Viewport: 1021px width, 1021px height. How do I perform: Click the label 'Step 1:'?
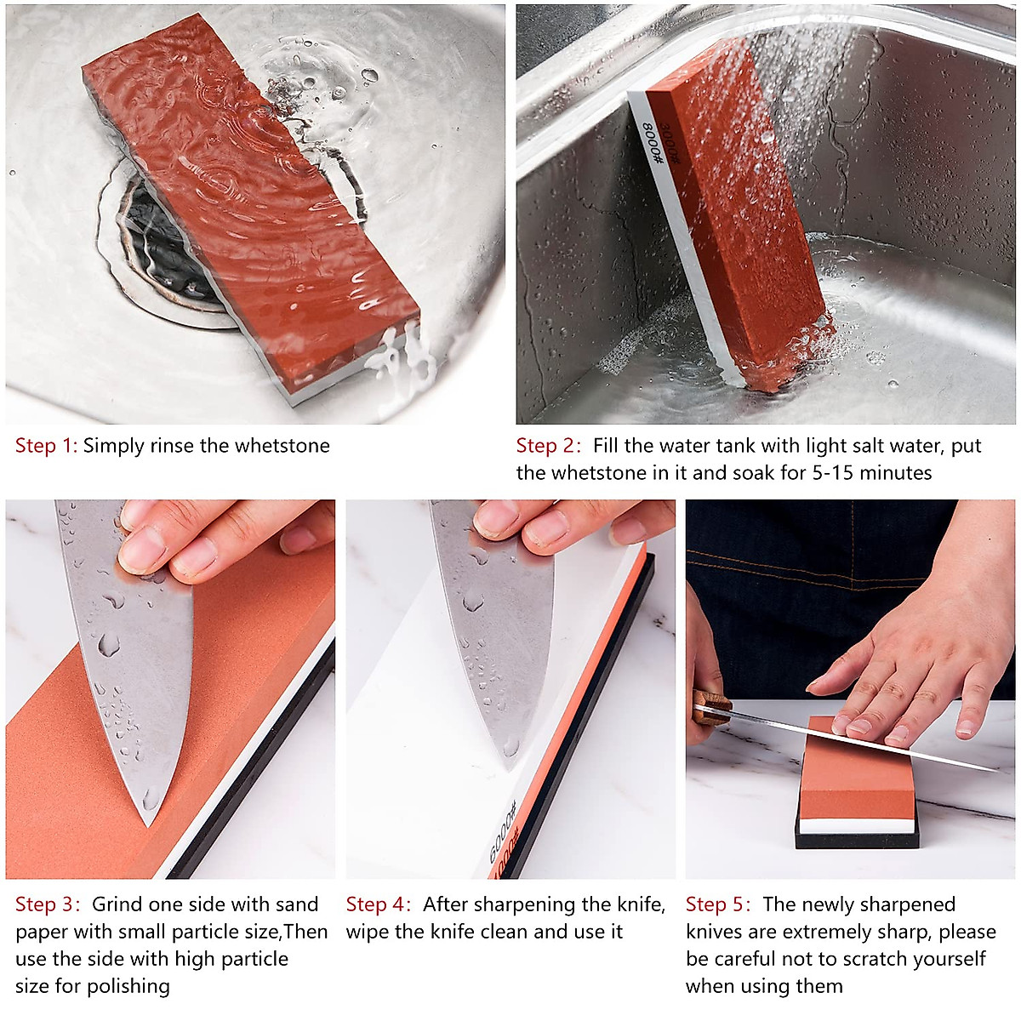[x=47, y=446]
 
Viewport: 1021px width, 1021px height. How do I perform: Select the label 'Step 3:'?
[x=48, y=904]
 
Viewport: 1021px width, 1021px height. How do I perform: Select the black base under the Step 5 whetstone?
[x=856, y=840]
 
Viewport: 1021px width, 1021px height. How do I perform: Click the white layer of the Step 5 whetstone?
[x=857, y=824]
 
